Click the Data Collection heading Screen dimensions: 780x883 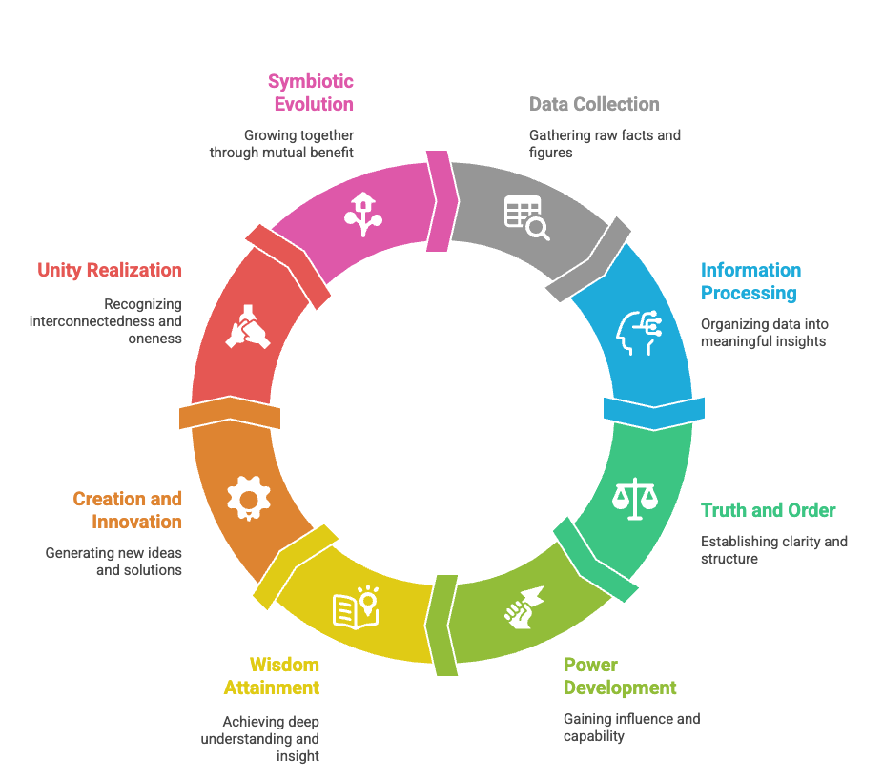pyautogui.click(x=594, y=104)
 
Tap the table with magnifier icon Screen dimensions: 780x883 pyautogui.click(x=526, y=217)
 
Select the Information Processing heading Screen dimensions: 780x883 pyautogui.click(x=750, y=281)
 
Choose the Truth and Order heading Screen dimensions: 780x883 pyautogui.click(x=768, y=510)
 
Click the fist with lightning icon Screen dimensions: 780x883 pyautogui.click(x=524, y=606)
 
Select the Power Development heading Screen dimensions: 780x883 pyautogui.click(x=620, y=676)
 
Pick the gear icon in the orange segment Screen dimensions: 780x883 pyautogui.click(x=249, y=497)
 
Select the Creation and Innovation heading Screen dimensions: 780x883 pyautogui.click(x=128, y=510)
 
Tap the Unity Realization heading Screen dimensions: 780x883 pyautogui.click(x=110, y=270)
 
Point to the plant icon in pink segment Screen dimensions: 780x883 pyautogui.click(x=362, y=215)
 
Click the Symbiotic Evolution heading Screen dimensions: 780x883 pyautogui.click(x=311, y=92)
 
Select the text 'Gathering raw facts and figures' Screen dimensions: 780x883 pyautogui.click(x=605, y=143)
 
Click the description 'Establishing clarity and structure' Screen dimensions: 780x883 pyautogui.click(x=773, y=549)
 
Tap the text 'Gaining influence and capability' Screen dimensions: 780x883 pyautogui.click(x=631, y=727)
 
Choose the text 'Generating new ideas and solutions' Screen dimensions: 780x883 pyautogui.click(x=113, y=561)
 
